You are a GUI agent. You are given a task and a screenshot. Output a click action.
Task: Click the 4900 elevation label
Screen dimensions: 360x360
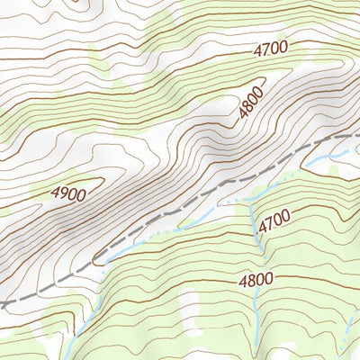68,193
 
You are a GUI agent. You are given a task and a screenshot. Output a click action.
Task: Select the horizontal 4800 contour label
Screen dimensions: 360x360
256,280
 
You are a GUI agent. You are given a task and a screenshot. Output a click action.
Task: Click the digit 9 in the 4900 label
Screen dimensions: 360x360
63,193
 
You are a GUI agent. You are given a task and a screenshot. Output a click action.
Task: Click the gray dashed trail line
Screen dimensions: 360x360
180,211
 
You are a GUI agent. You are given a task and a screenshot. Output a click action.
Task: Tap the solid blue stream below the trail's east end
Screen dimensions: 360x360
324,162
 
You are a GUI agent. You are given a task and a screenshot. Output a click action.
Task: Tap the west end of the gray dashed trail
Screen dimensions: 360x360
3,306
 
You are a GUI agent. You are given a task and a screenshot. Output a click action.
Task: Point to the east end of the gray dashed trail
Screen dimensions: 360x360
357,132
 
